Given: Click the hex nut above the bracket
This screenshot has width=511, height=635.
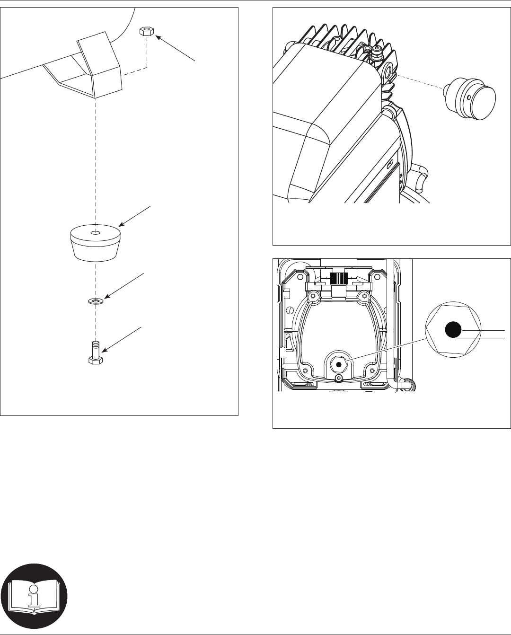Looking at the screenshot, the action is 147,32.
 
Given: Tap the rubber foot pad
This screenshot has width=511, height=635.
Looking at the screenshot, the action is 95,243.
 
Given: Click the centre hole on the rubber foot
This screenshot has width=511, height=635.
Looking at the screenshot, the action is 95,233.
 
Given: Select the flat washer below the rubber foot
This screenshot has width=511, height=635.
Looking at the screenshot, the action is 97,300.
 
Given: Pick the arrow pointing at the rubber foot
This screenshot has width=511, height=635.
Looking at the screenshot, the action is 135,215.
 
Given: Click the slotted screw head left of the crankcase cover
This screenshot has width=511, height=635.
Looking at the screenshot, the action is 289,311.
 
